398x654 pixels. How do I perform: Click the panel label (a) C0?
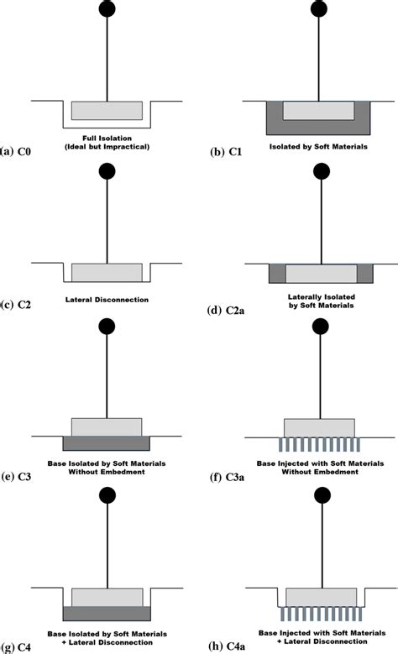click(18, 152)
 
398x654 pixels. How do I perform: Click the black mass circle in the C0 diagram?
click(106, 9)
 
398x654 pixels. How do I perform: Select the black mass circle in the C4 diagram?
click(106, 496)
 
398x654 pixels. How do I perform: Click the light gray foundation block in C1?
click(319, 110)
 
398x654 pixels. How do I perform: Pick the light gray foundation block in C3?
click(107, 426)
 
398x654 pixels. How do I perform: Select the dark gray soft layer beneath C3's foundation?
click(107, 442)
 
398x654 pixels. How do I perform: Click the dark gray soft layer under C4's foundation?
click(107, 613)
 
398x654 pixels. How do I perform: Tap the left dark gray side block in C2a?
click(276, 273)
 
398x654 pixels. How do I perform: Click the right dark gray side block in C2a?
click(363, 273)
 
